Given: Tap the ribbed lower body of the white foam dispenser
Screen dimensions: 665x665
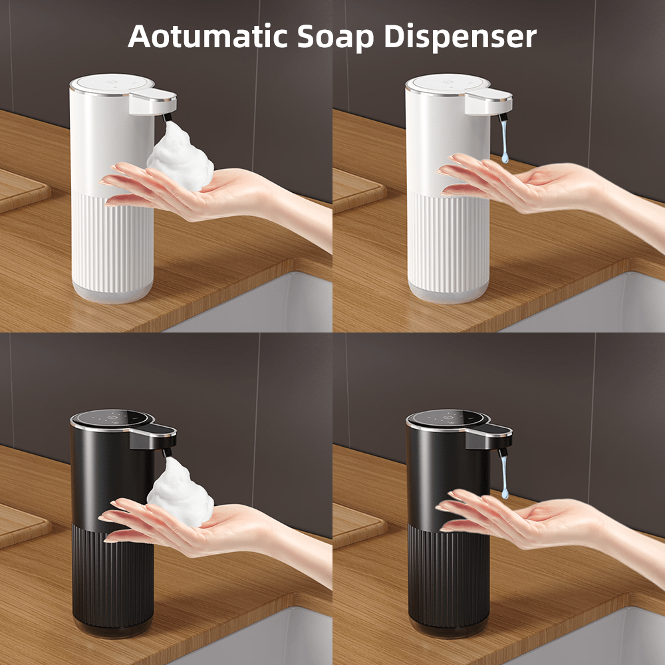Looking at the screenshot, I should pos(113,239).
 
